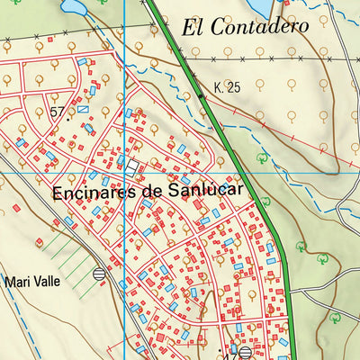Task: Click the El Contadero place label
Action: (x=245, y=27)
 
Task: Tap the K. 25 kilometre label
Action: (x=229, y=88)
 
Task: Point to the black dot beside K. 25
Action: (x=200, y=93)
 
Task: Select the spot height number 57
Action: (x=58, y=112)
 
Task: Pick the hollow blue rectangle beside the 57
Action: (x=84, y=109)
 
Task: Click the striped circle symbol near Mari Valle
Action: (x=99, y=274)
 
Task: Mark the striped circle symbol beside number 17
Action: (x=244, y=352)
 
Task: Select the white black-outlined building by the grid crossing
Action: (x=133, y=167)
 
